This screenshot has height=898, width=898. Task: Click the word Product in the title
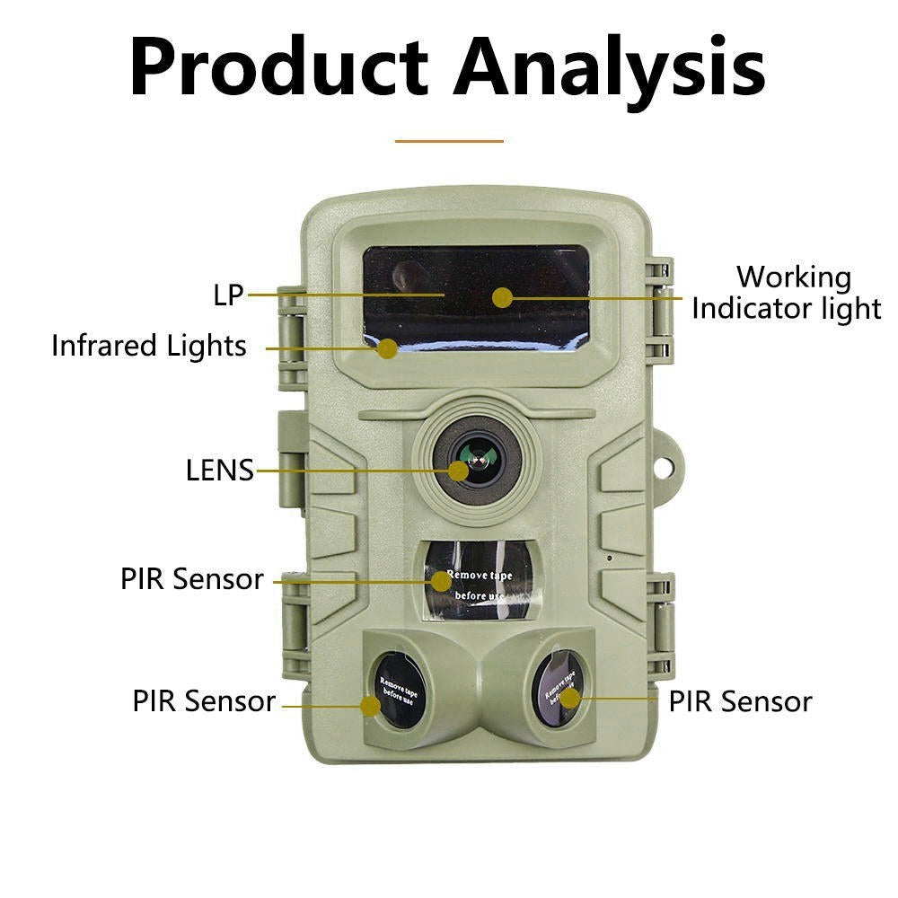pos(278,67)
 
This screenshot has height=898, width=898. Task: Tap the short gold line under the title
pos(449,140)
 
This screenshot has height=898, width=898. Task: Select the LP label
pos(229,295)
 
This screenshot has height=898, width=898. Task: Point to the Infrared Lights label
pos(149,346)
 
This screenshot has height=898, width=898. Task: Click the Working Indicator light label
pos(787,293)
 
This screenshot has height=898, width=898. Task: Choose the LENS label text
pos(220,470)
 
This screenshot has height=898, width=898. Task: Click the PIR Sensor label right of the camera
pos(740,701)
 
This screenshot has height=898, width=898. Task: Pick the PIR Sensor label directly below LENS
pos(192,579)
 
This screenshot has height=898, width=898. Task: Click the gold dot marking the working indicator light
pos(503,297)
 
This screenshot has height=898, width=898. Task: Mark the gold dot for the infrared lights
pos(387,348)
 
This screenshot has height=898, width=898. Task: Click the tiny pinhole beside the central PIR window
pos(610,558)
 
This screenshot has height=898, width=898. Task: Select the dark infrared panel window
pos(475,292)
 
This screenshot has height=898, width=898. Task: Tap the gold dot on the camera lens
pos(459,470)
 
